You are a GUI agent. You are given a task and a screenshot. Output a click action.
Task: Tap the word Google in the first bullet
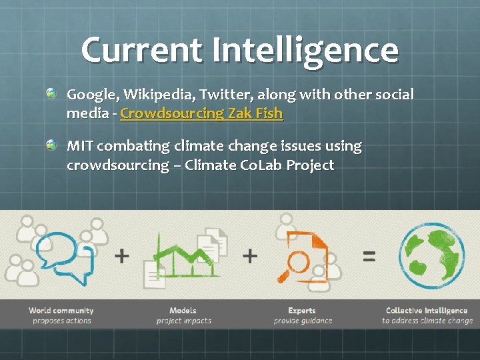click(91, 95)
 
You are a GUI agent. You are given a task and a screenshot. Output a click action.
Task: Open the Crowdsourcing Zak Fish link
click(201, 113)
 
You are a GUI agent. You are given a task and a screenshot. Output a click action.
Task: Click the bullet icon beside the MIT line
click(51, 145)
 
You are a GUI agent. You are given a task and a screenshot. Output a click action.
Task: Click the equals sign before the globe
click(369, 255)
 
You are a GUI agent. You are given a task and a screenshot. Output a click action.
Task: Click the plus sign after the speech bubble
click(122, 255)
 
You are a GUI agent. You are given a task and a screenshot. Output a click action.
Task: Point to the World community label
click(61, 311)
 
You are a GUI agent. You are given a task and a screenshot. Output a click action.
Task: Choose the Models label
click(183, 311)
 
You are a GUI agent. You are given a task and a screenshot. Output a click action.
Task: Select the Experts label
click(302, 311)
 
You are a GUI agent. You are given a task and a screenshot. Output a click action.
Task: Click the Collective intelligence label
click(427, 311)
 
